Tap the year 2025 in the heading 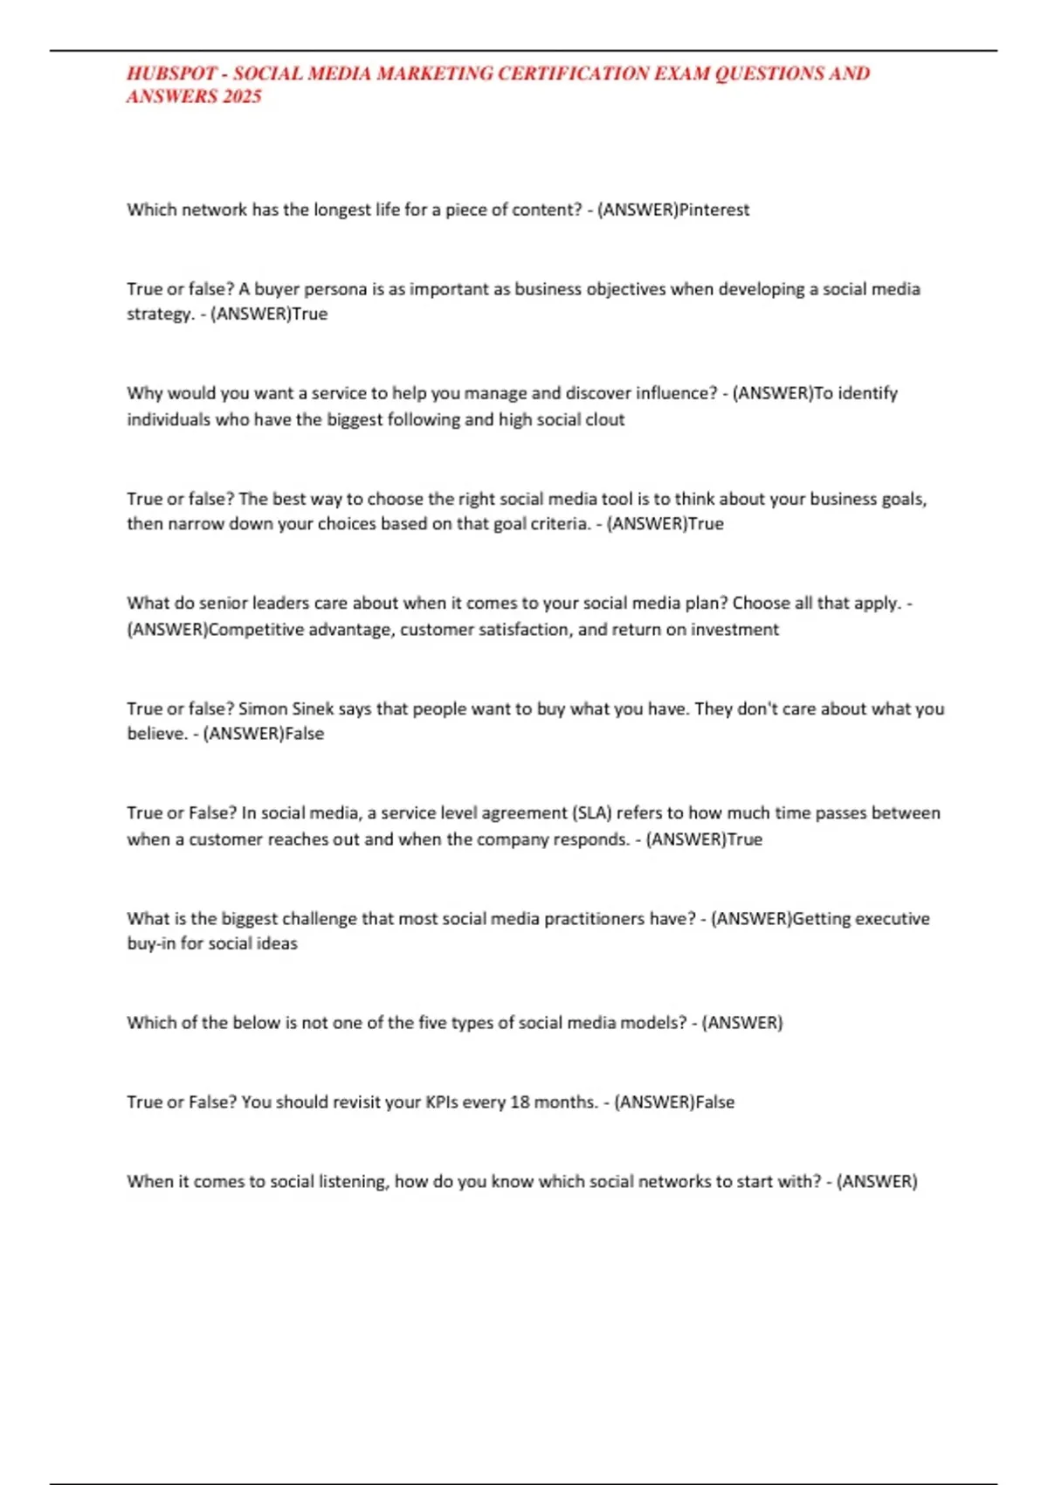click(x=242, y=97)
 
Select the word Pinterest click(x=714, y=210)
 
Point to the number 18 click(x=521, y=1102)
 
